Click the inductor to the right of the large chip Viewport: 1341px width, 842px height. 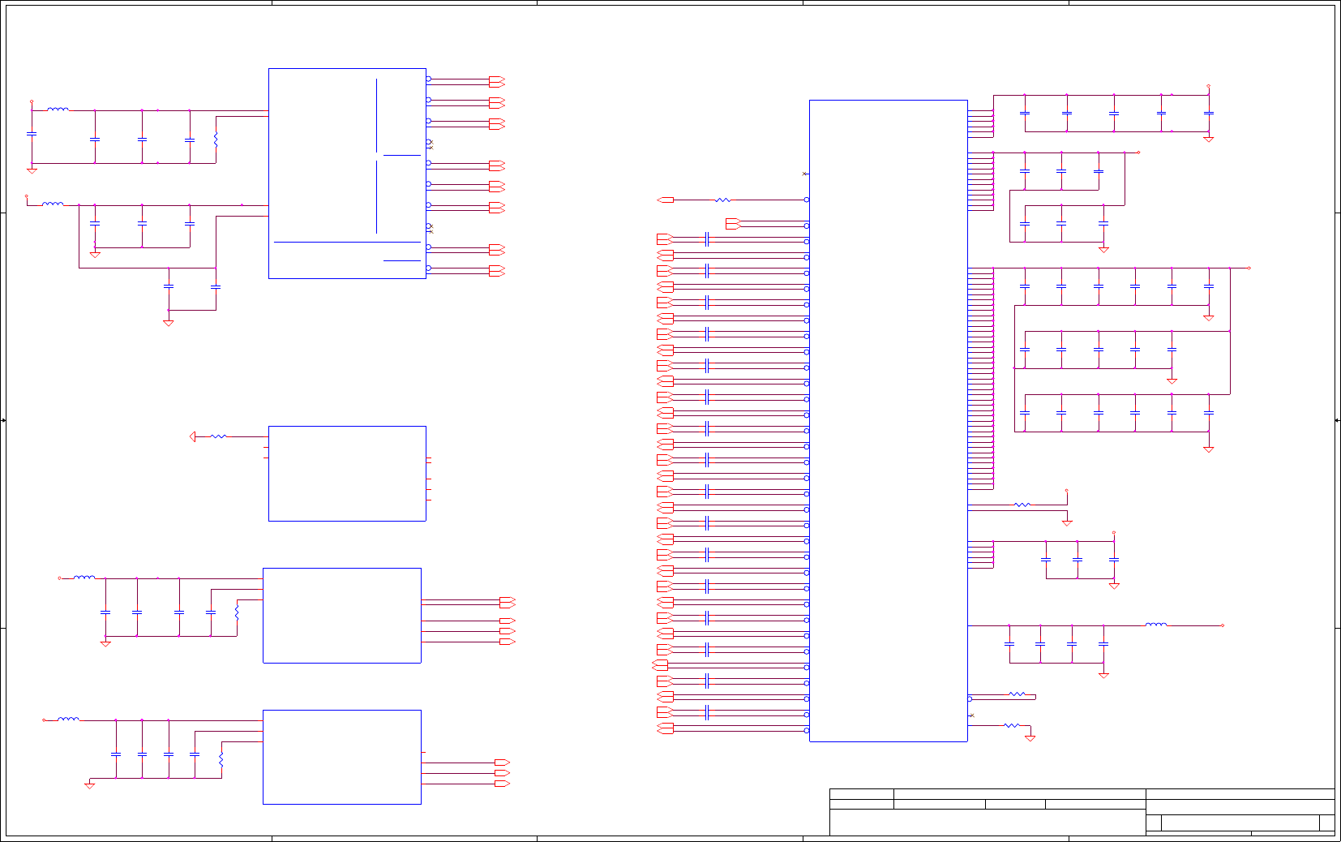[1156, 625]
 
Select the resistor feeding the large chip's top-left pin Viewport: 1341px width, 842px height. [723, 200]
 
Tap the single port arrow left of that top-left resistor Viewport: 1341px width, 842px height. [666, 200]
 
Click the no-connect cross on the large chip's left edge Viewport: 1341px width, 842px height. [803, 174]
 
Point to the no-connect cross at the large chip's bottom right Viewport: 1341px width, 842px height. [971, 715]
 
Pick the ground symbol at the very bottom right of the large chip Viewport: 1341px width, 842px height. [1030, 738]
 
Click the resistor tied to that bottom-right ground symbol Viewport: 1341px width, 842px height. [1011, 725]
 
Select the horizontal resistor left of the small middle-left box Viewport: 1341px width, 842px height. [218, 436]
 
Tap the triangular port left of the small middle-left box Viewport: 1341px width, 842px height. [193, 436]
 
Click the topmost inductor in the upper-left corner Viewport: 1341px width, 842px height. [58, 109]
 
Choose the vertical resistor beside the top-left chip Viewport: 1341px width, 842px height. [216, 139]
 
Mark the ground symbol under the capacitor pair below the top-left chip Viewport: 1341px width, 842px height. [169, 323]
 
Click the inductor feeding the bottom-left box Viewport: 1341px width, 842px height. [69, 719]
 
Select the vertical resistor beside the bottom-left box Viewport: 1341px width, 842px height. [221, 760]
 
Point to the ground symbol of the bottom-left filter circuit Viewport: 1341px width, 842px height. [90, 785]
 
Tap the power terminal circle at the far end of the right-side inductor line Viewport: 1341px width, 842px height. [1222, 625]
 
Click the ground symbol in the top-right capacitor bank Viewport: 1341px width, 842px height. [1208, 139]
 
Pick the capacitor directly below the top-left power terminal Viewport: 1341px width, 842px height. [32, 134]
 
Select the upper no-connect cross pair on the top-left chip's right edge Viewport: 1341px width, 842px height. [430, 144]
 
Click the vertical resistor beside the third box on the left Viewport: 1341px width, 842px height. [237, 612]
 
